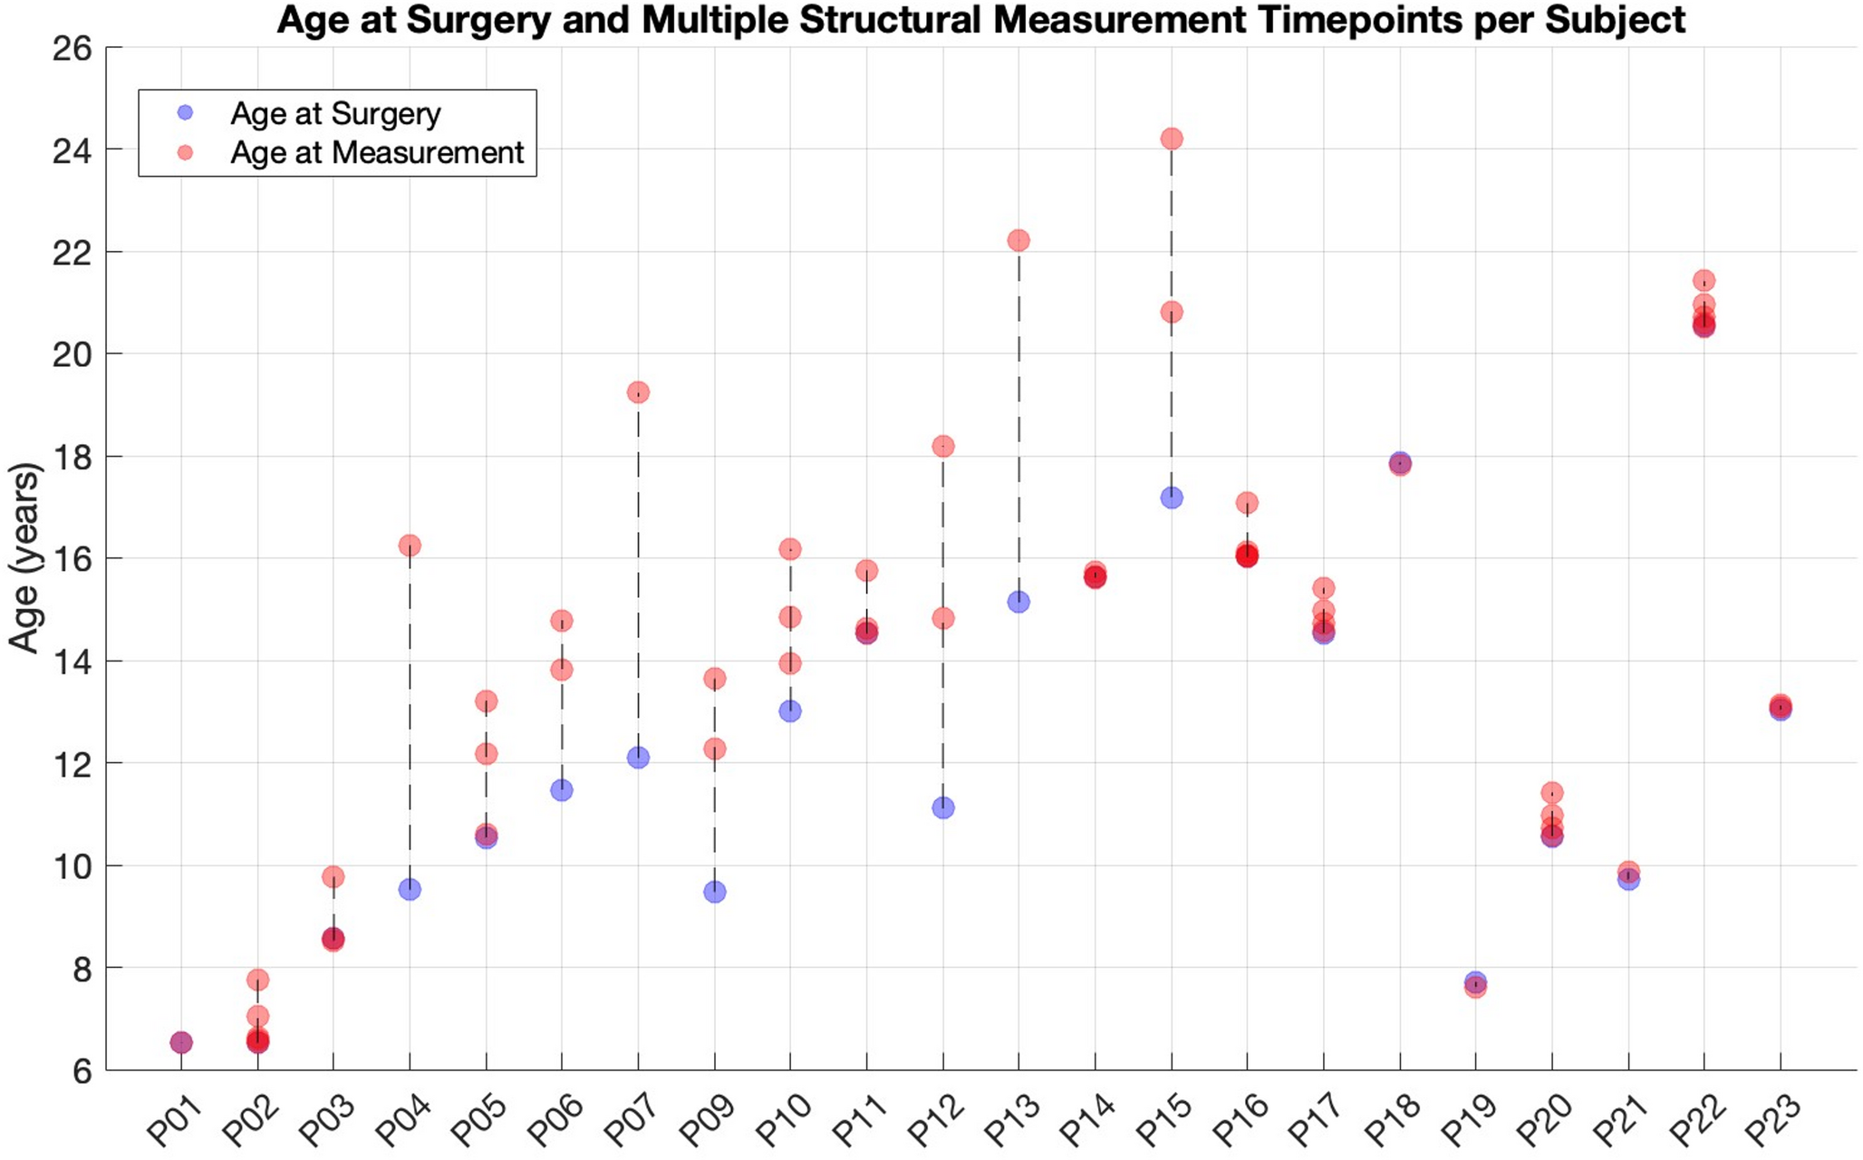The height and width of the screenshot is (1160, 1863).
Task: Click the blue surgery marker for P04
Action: pos(410,889)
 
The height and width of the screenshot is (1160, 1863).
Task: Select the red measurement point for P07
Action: pos(638,392)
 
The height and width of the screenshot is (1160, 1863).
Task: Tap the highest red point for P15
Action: pos(1171,139)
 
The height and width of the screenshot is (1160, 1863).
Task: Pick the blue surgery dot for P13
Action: pos(1018,602)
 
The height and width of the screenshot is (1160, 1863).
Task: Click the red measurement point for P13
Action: pos(1018,240)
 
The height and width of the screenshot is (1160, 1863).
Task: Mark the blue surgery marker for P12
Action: pos(942,807)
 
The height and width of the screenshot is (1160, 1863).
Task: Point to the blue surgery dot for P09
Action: pos(714,892)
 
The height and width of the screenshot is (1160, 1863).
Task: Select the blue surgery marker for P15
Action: pos(1171,498)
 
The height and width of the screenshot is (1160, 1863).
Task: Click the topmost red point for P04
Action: pos(410,546)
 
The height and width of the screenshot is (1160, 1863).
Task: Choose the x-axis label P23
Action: pos(1773,1120)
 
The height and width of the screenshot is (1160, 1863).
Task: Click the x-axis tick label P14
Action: pos(1088,1120)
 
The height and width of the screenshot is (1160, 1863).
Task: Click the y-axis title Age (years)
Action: pos(25,557)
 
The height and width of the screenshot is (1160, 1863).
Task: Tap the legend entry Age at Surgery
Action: pos(335,113)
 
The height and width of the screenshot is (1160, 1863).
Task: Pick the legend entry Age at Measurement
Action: pos(377,152)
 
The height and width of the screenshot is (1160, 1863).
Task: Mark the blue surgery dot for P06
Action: pos(562,790)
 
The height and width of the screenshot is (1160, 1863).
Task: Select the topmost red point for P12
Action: pos(942,446)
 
